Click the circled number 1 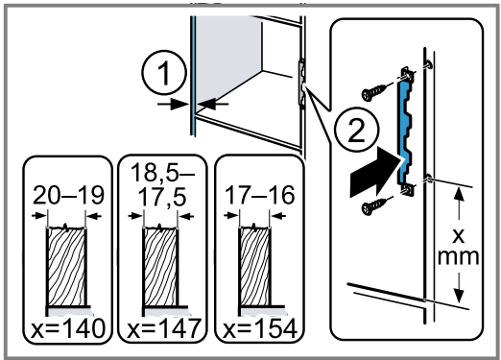(x=164, y=72)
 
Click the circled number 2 (x=356, y=130)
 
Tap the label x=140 (x=68, y=328)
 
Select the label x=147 (x=164, y=328)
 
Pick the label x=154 (x=260, y=328)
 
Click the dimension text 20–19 (x=68, y=196)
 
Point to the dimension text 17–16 (x=259, y=196)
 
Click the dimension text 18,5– (x=162, y=173)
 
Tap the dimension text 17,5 (x=162, y=197)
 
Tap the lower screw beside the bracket (x=373, y=206)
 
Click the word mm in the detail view (x=458, y=256)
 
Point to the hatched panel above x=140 (x=66, y=266)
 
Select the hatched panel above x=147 (x=160, y=266)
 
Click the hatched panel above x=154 (x=255, y=266)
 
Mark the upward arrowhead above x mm (x=459, y=195)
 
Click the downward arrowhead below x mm (x=459, y=295)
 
